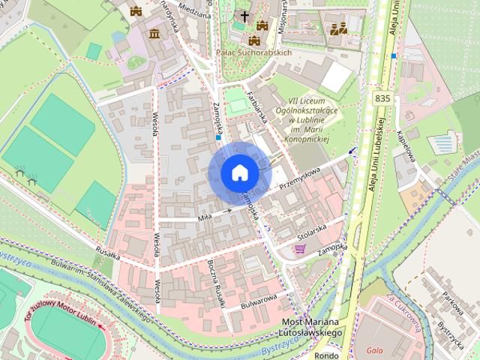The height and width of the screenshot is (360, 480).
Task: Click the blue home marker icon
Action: point(239,172)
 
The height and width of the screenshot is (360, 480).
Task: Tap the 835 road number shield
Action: point(382,98)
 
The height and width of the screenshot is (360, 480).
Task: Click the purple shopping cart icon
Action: point(300,249)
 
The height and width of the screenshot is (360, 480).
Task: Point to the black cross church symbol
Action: point(244,16)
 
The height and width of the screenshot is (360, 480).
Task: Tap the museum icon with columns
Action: point(154,34)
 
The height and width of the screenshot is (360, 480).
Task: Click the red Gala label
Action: point(375,350)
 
